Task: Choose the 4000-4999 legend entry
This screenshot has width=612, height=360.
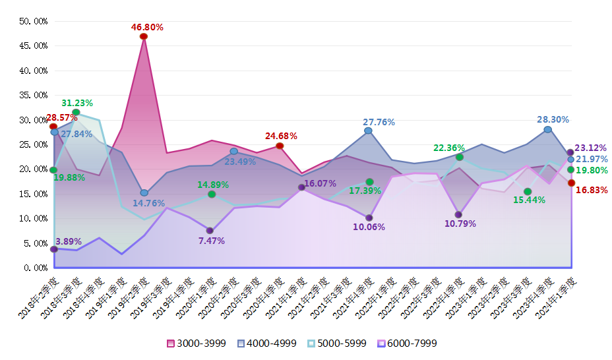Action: (x=268, y=344)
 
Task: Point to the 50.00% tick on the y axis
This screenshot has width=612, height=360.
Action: (x=33, y=21)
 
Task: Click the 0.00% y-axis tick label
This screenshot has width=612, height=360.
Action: (x=35, y=268)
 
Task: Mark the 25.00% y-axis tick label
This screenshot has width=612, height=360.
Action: (x=33, y=144)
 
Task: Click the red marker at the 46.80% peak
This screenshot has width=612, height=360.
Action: (x=143, y=36)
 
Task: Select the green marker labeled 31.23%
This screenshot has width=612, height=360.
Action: (x=76, y=113)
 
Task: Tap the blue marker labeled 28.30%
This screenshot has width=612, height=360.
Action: (x=547, y=129)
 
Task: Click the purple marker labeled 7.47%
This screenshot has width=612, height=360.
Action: (x=210, y=231)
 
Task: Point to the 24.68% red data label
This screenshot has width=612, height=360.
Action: (x=281, y=136)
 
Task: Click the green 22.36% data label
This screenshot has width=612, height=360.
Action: (x=448, y=148)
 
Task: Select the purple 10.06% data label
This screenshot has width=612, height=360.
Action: (x=369, y=227)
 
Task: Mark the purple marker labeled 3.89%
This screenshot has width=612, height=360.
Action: (x=53, y=249)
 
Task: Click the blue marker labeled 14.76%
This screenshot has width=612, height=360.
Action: (x=144, y=193)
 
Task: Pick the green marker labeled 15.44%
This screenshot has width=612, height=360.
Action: (x=528, y=192)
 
